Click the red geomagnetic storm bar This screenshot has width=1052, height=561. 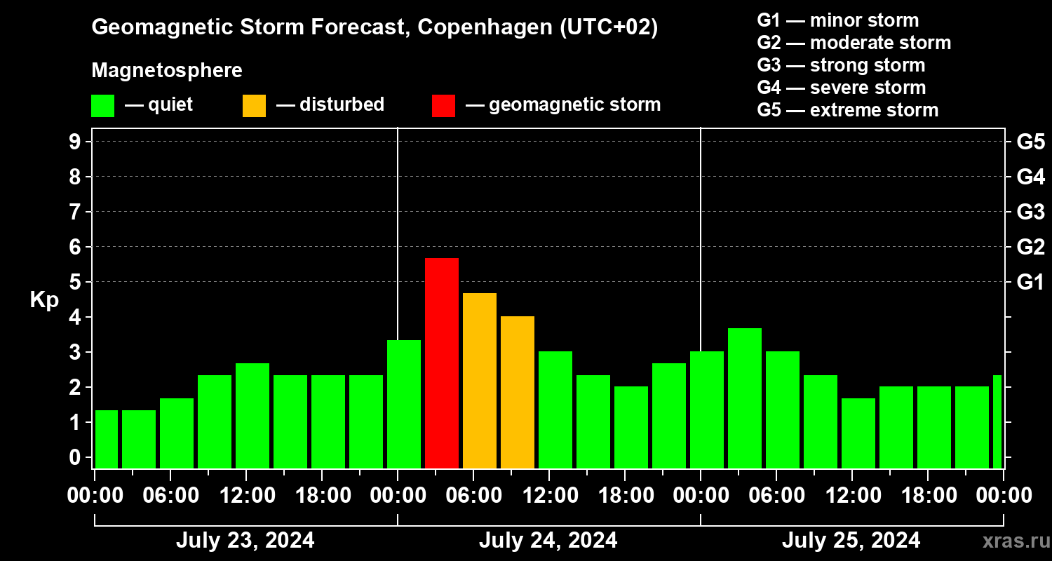click(x=442, y=363)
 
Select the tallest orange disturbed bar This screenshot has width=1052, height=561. click(x=480, y=381)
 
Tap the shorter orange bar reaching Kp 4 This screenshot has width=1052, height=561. click(x=518, y=392)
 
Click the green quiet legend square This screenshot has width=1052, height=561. click(x=102, y=106)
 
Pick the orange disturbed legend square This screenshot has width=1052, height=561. click(x=254, y=106)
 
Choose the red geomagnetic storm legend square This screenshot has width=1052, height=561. click(x=443, y=106)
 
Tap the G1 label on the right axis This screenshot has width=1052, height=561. click(x=1030, y=283)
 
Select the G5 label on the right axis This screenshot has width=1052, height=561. click(x=1030, y=142)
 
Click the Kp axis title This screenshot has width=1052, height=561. click(x=44, y=300)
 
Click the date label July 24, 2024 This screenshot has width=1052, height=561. click(x=548, y=541)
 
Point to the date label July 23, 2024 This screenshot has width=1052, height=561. click(x=245, y=541)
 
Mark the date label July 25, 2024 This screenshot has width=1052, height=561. click(x=851, y=541)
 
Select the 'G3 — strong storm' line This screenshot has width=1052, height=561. click(x=841, y=65)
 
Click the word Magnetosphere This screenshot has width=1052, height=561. click(x=167, y=71)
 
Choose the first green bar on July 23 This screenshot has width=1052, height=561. click(x=107, y=439)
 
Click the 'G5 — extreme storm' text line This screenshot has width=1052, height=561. click(x=847, y=110)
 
